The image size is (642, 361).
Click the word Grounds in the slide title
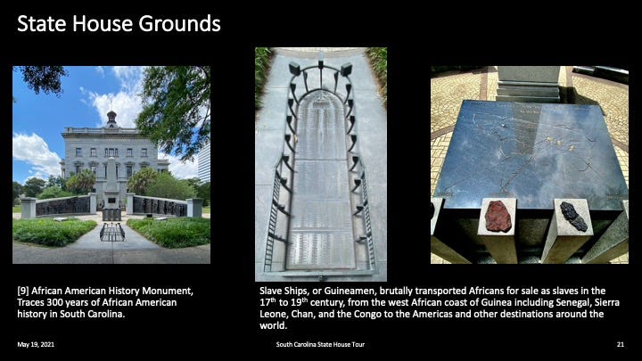(180, 24)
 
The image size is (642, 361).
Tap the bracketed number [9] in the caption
(23, 291)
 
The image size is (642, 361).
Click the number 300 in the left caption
(54, 302)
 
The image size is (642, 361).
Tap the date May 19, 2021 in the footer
(36, 345)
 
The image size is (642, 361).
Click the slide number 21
(621, 345)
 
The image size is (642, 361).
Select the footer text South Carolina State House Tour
(320, 345)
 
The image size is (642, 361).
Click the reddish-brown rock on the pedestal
(498, 217)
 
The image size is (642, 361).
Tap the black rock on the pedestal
(573, 216)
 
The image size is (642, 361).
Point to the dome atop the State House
(111, 119)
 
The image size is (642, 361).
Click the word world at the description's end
(272, 326)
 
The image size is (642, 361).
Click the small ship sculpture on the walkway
(112, 232)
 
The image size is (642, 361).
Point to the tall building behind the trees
(204, 162)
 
